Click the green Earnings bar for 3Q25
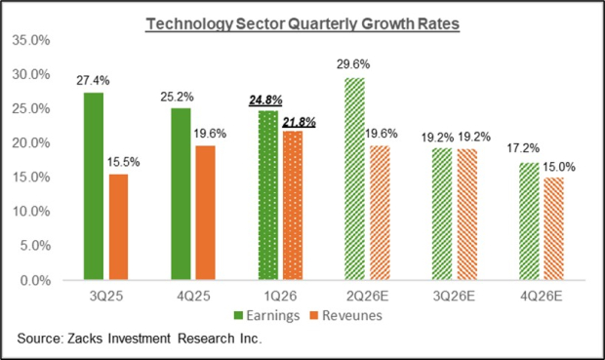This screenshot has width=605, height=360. pyautogui.click(x=93, y=186)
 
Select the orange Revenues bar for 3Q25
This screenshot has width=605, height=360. pyautogui.click(x=119, y=226)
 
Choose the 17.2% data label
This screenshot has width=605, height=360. pyautogui.click(x=528, y=149)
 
